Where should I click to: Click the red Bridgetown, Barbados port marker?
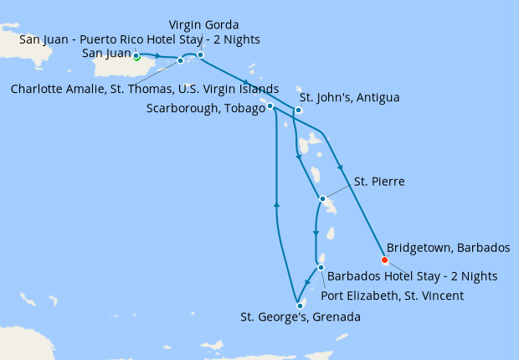(384, 260)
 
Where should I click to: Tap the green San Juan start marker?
(136, 57)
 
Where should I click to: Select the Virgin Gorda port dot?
(200, 55)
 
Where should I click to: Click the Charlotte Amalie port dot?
(180, 60)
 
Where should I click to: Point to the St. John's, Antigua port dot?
(298, 111)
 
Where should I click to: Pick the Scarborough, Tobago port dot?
(270, 106)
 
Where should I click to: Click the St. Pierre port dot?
(322, 198)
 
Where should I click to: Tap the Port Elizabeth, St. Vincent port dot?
(321, 267)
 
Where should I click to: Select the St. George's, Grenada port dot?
(300, 306)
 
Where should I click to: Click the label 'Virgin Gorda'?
(203, 23)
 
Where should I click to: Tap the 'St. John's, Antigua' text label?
(349, 97)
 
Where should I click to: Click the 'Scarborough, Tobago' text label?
(204, 108)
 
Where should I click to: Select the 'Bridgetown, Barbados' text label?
(448, 248)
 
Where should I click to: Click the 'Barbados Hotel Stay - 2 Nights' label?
(412, 275)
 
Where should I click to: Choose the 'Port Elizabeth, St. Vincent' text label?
(393, 296)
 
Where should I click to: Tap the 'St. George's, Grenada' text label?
(301, 317)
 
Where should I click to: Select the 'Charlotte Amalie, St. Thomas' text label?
(145, 89)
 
